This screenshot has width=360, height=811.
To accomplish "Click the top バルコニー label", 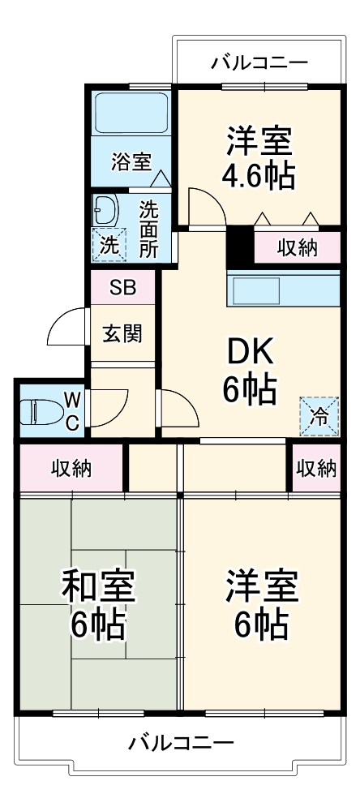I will click(x=259, y=62).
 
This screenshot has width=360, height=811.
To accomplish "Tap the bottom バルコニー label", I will click(x=181, y=742).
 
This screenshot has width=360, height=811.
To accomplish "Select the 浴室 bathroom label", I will click(x=130, y=161).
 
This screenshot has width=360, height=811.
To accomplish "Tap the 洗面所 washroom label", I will click(x=148, y=229).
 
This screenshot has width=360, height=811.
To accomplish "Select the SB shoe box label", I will click(x=123, y=287).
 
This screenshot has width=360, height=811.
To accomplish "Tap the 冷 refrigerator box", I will click(x=319, y=417).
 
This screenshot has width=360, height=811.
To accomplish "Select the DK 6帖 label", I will click(x=251, y=370).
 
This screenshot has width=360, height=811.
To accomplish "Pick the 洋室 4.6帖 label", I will click(x=259, y=157).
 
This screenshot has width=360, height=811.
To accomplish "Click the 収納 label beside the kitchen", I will click(x=297, y=247).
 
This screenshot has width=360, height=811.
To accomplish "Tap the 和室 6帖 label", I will click(x=98, y=604).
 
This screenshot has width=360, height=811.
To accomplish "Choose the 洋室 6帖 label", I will click(x=261, y=604).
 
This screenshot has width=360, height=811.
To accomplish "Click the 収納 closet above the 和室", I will click(x=71, y=468).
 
